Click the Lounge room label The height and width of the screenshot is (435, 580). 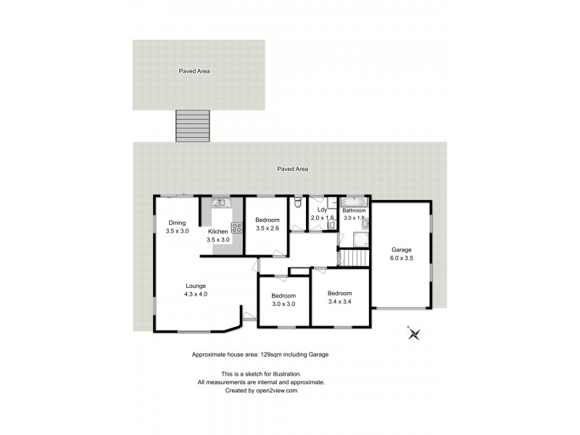tap(196, 286)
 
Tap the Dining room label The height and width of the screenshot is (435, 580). tap(178, 223)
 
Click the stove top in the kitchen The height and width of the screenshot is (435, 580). tap(236, 228)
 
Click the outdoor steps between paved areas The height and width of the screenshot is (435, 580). tap(194, 125)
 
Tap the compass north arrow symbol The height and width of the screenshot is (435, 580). tap(414, 333)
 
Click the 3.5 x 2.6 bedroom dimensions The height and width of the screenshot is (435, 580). tap(268, 229)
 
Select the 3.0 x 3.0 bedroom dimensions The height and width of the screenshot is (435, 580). tap(283, 304)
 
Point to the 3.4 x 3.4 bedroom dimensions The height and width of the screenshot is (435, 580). tap(341, 302)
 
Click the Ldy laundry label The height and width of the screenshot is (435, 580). tap(322, 210)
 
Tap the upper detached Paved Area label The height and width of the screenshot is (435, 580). tap(194, 71)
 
